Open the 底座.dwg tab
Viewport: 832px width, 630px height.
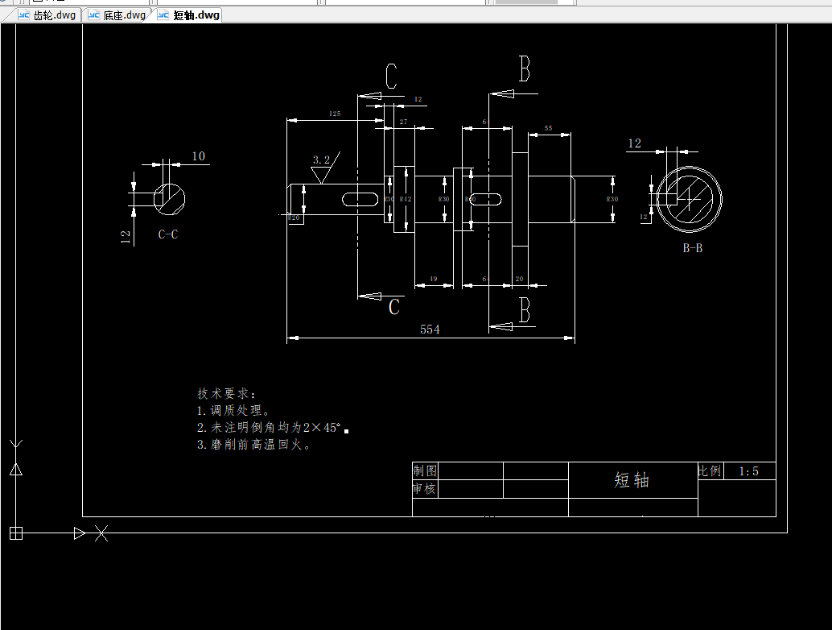117,15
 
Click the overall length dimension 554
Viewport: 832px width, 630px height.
430,330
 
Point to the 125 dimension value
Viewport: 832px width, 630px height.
335,114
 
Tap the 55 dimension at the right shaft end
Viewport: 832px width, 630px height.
548,128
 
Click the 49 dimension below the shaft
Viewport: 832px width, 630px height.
433,279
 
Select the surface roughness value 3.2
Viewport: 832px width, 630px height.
322,160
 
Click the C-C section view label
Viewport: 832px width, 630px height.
168,234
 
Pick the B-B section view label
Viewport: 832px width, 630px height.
693,248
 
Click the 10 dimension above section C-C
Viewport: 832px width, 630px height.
198,156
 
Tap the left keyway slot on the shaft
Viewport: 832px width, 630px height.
362,198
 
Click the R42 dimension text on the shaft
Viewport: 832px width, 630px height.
406,198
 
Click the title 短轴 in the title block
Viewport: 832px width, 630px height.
632,480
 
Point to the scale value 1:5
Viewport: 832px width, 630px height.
749,471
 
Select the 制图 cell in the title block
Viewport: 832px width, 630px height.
425,470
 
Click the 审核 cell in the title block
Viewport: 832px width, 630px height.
425,488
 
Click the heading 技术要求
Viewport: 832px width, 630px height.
226,394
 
